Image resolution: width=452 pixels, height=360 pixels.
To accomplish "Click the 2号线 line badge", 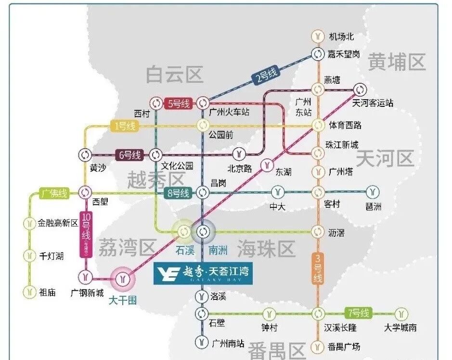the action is tap(266, 76).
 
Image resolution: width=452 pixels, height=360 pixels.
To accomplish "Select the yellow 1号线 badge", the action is tap(124, 126).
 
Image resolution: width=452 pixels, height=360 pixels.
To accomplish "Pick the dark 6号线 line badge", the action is tap(130, 155).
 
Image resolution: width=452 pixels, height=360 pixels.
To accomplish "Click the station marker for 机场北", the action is tap(318, 36).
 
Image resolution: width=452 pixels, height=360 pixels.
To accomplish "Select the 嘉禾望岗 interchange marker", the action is tap(318, 54).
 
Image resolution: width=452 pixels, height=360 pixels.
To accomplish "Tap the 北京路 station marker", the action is tap(239, 154).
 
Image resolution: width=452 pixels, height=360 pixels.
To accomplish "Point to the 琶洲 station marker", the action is tap(372, 193).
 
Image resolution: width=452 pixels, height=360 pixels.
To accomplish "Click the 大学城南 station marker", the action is tap(400, 314).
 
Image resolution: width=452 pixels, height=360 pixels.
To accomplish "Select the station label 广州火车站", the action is tap(230, 112).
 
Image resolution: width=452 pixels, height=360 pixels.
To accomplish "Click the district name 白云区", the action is tap(174, 75).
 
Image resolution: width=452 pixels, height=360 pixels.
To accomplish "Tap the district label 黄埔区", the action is tap(397, 63).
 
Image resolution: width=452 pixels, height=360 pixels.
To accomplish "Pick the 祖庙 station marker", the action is tap(30, 292).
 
